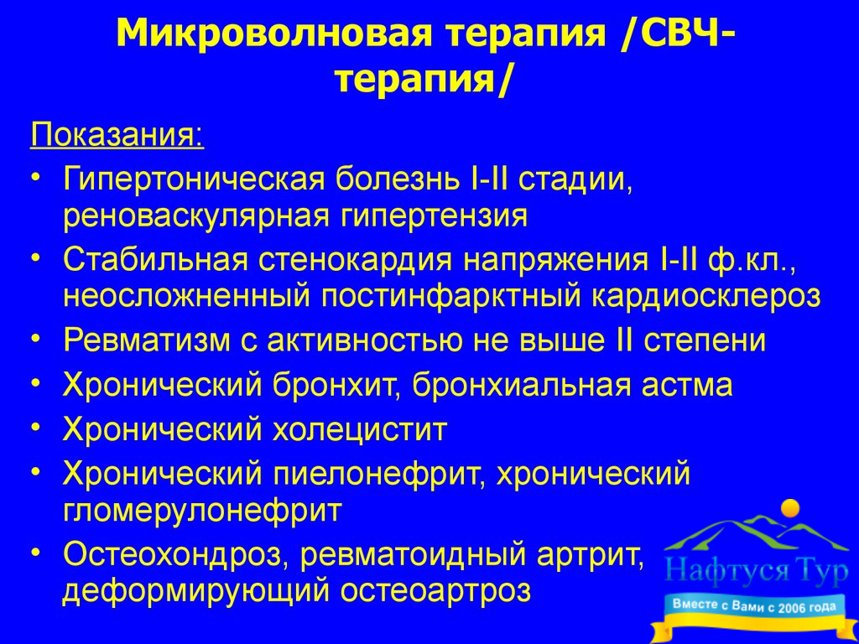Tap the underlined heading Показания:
117,135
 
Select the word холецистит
360,429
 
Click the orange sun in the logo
790,509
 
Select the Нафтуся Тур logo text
756,572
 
